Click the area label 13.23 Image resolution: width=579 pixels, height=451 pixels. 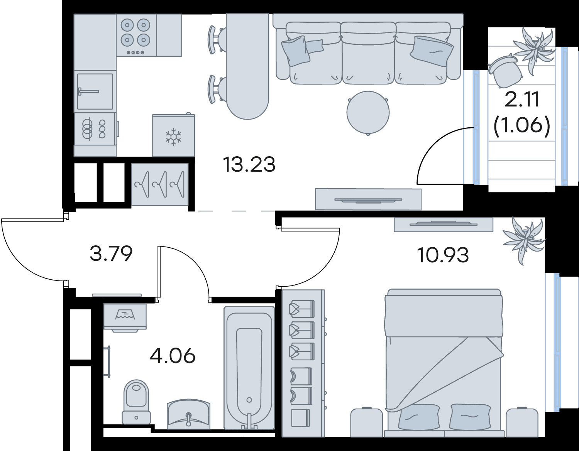pos(249,164)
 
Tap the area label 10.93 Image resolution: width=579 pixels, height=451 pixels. pos(443,255)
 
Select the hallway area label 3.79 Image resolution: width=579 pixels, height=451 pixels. pos(111,253)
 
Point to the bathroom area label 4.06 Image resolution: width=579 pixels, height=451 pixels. pos(173,356)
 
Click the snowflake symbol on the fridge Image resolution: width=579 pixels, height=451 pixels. pos(173,137)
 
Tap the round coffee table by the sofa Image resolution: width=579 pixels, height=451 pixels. pos(368,113)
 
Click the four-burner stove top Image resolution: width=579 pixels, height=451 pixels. pos(136,35)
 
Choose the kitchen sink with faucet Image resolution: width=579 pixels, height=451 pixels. pos(95,91)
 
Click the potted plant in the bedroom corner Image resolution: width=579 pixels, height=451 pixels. pos(523,240)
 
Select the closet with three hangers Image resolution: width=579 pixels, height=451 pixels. pos(159,184)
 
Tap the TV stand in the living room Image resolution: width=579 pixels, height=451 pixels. pos(368,199)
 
